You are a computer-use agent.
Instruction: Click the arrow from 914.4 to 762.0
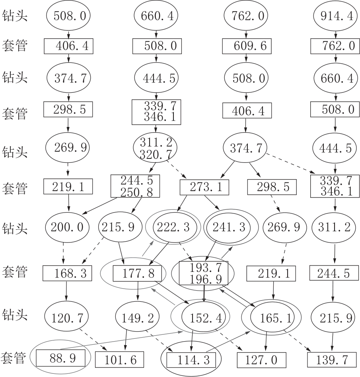pyautogui.click(x=336, y=35)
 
